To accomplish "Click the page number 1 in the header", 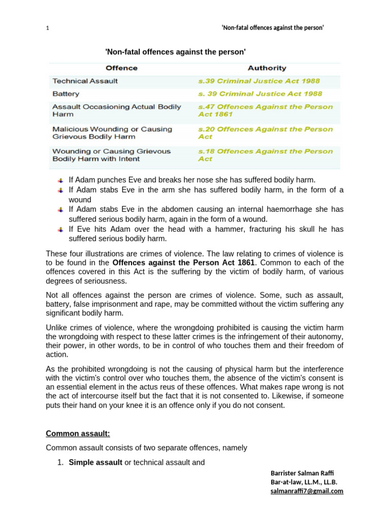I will click(47, 28).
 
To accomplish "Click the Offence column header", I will click(121, 68).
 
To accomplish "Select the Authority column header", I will click(267, 68).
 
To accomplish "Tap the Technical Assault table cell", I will click(85, 81).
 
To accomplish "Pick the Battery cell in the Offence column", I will click(66, 94).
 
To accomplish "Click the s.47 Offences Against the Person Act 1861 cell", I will click(265, 110).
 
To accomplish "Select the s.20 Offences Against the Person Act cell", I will click(265, 133).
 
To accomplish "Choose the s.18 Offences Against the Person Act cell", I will click(265, 155).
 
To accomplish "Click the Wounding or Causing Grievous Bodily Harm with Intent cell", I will click(112, 155).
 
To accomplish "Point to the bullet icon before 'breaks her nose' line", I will click(60, 180).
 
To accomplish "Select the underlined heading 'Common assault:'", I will click(78, 433).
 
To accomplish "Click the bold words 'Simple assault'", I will click(95, 462).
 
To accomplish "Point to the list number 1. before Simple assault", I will click(60, 462).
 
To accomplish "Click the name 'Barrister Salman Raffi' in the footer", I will click(302, 473).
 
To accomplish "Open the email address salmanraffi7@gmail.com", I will click(307, 491).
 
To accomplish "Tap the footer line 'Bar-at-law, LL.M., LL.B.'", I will click(304, 482).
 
